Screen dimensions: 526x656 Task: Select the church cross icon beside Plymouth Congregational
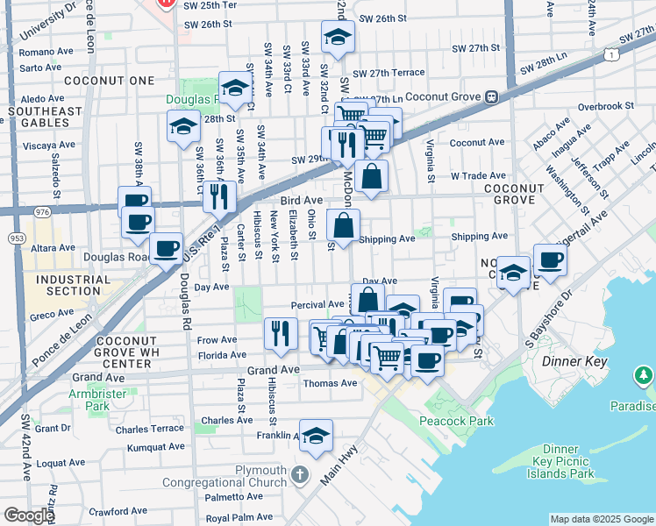(x=299, y=473)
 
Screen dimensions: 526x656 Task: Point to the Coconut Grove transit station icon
(x=493, y=96)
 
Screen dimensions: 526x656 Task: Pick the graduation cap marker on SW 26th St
(x=336, y=38)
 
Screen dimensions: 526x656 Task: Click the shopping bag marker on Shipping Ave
(x=343, y=225)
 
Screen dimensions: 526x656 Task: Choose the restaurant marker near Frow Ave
(x=280, y=333)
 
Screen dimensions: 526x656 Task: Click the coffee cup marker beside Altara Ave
(x=165, y=248)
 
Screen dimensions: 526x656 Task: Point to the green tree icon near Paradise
(x=644, y=377)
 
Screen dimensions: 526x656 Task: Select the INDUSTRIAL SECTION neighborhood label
(x=68, y=284)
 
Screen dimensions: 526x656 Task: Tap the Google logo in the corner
(x=29, y=515)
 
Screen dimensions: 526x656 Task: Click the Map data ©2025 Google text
(x=602, y=519)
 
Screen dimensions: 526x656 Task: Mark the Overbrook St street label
(x=605, y=106)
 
